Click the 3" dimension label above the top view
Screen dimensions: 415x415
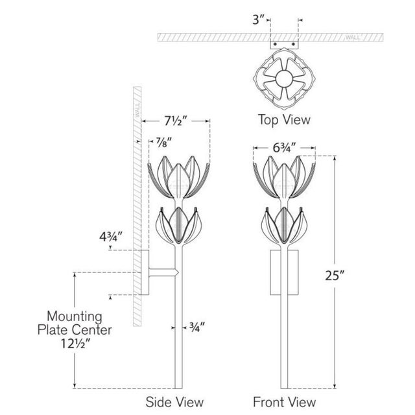[x=258, y=19]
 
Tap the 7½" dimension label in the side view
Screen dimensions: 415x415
[x=176, y=121]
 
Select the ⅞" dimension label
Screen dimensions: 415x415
[x=164, y=143]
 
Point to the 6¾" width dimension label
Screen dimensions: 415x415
[x=284, y=148]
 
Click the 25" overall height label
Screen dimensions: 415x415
[x=335, y=276]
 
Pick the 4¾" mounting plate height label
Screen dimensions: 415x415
[x=111, y=237]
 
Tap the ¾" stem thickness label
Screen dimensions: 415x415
[x=197, y=327]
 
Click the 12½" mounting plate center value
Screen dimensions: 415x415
[x=75, y=344]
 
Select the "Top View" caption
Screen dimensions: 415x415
[x=284, y=119]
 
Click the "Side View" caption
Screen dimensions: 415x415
[x=174, y=402]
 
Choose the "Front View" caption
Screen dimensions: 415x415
[x=285, y=402]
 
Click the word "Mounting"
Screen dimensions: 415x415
[x=75, y=316]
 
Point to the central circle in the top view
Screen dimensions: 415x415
[x=284, y=78]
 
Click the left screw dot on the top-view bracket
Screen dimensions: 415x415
[x=275, y=44]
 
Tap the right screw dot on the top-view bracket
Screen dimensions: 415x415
[x=293, y=44]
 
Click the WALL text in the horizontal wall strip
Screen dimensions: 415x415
[x=353, y=38]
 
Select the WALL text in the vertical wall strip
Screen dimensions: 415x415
[x=137, y=111]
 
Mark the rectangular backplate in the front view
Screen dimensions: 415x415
[x=284, y=272]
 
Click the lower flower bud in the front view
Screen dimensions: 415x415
[x=284, y=225]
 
